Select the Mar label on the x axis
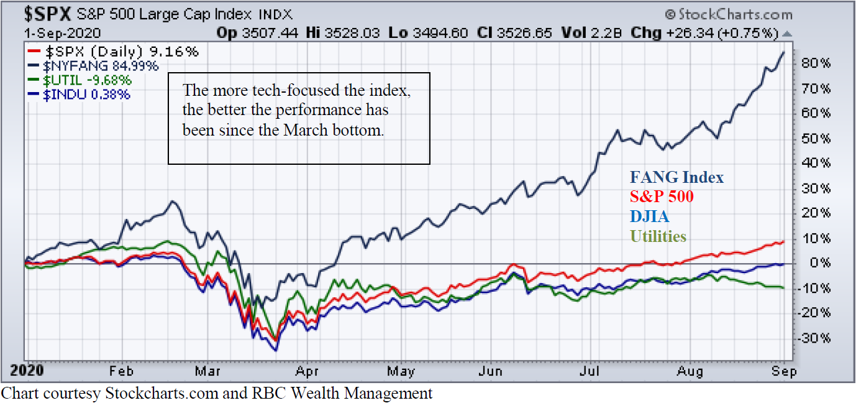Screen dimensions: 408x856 tap(208, 371)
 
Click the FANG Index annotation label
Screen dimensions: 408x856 tap(676, 177)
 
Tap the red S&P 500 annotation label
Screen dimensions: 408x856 tap(662, 197)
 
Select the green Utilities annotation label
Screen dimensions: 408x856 tap(658, 236)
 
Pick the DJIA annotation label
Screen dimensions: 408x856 tap(649, 216)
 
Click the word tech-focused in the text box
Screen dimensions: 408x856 tap(289, 91)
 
